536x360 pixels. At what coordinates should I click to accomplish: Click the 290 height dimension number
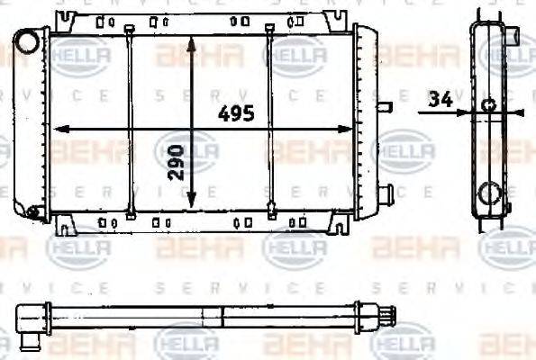(x=178, y=161)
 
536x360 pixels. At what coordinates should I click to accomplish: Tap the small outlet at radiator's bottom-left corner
(x=33, y=213)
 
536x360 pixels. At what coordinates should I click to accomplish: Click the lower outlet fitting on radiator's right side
(x=387, y=193)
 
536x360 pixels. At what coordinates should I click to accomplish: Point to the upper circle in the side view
(x=488, y=106)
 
